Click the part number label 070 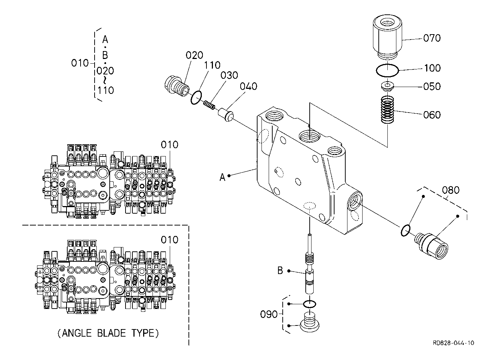(x=432, y=38)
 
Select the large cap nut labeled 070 (x=387, y=38)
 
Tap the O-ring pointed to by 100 (x=387, y=70)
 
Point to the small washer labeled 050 (x=387, y=86)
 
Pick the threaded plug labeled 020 (x=177, y=86)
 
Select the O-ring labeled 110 (x=196, y=97)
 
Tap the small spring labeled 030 (x=209, y=105)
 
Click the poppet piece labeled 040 (x=226, y=115)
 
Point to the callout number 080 (x=451, y=190)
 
